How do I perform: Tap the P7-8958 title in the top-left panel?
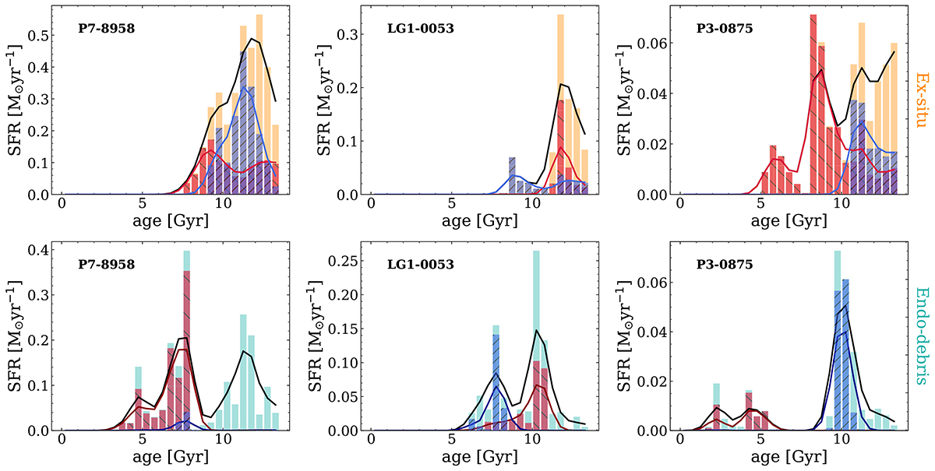(x=107, y=29)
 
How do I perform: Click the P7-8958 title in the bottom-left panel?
(x=107, y=264)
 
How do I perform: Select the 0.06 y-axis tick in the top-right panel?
(x=653, y=43)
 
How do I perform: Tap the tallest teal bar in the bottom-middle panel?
(x=536, y=340)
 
